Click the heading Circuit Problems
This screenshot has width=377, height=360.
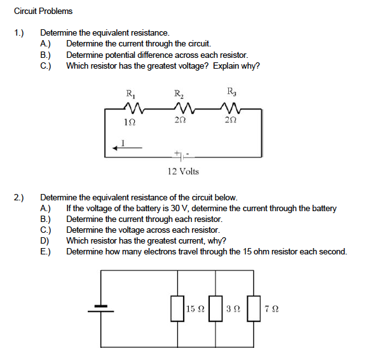pos(43,11)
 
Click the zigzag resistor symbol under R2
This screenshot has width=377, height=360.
pos(179,110)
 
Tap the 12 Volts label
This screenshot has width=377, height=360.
pos(183,171)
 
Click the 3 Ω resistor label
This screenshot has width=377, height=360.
pos(233,309)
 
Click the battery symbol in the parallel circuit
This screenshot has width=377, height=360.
pos(100,308)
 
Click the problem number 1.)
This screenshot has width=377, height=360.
pos(20,32)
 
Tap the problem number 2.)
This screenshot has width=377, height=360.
pos(20,198)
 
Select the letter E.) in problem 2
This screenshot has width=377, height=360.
pos(46,251)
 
